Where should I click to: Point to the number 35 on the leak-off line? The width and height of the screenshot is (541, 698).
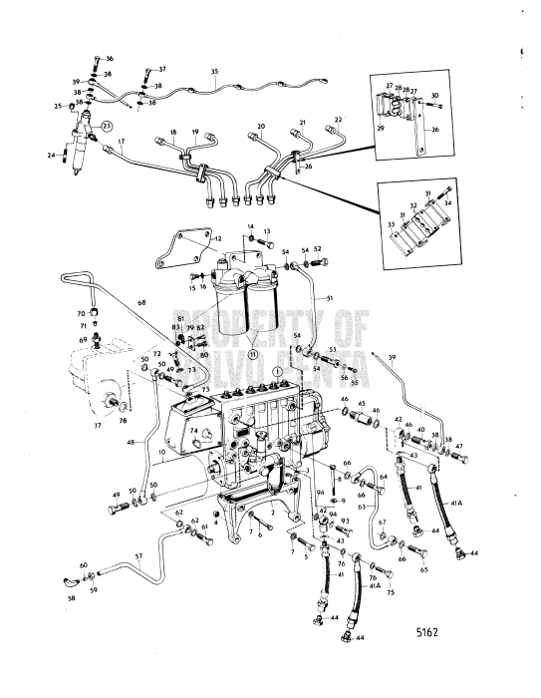214,72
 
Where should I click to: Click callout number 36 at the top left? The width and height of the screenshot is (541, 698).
110,60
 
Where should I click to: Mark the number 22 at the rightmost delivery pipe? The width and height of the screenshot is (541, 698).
338,119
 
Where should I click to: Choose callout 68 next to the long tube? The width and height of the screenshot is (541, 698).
141,303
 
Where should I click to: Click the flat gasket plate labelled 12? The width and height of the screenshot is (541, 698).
189,249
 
